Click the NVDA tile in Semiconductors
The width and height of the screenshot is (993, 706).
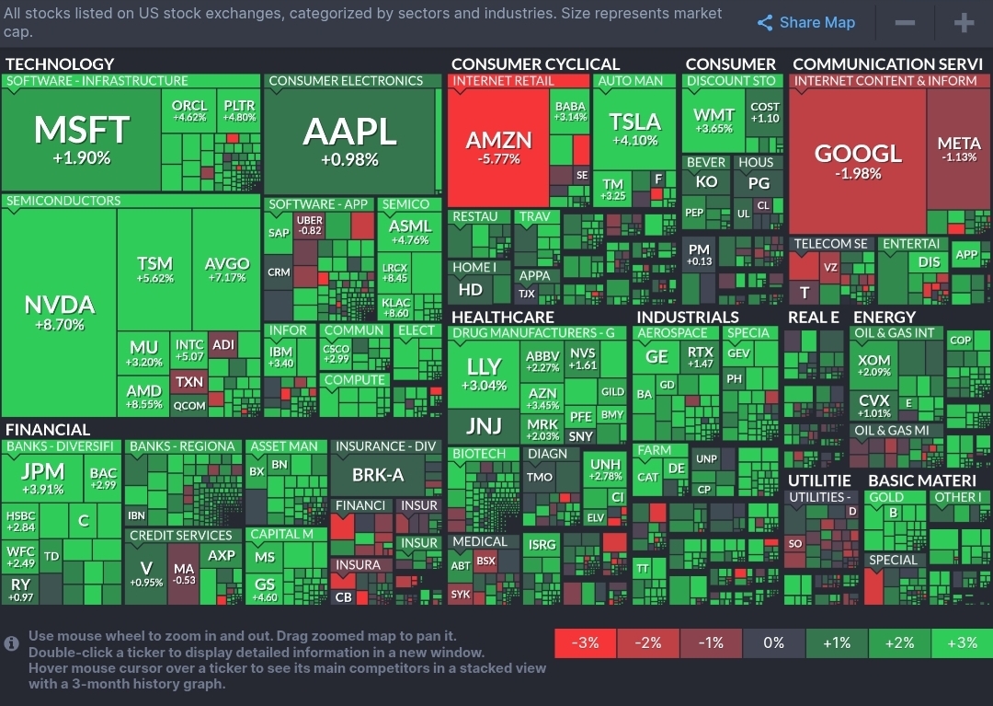coord(59,313)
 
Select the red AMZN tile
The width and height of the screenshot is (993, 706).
coord(498,147)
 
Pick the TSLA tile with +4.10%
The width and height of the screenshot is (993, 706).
coord(635,129)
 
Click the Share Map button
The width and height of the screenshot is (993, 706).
coord(805,23)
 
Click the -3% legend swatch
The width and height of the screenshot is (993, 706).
coord(586,642)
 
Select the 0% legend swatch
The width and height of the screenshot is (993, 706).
coord(773,642)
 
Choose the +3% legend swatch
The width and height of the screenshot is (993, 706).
coord(961,642)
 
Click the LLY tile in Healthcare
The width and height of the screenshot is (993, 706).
coord(484,373)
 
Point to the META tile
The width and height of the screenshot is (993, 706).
coord(959,149)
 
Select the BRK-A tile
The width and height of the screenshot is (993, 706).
coord(378,475)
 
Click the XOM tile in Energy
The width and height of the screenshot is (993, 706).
coord(873,365)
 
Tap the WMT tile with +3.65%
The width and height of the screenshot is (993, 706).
coord(713,121)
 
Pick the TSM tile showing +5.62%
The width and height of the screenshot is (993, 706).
coord(154,270)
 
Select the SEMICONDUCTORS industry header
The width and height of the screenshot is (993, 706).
coord(63,201)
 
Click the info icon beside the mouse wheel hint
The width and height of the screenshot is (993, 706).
coord(12,643)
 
